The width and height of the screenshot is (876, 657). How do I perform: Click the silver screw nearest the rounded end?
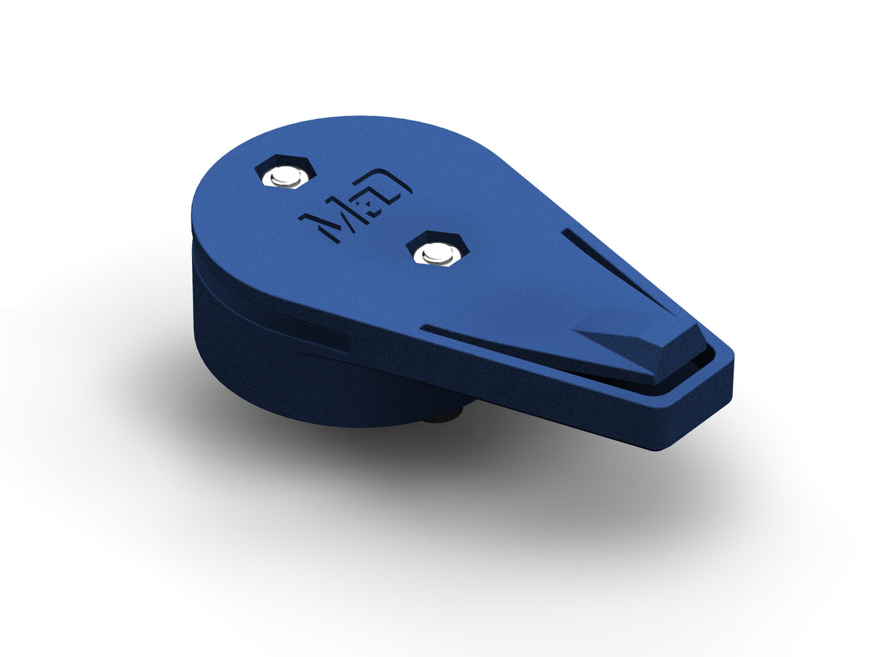(285, 175)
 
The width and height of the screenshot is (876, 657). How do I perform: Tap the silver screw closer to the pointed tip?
(437, 253)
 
